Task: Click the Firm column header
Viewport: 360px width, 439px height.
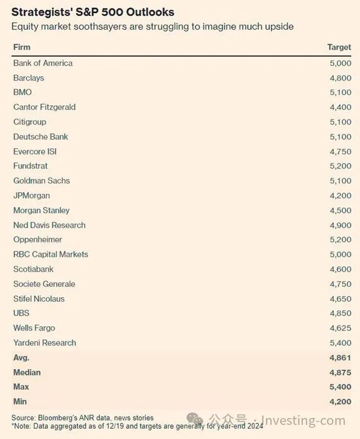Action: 22,47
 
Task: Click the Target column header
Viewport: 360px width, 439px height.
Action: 339,47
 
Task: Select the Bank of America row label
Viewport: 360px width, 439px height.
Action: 43,63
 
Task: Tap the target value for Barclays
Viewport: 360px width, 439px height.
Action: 340,78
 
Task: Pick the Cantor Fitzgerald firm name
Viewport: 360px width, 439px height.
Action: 44,107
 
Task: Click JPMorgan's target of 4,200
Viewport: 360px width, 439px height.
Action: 340,196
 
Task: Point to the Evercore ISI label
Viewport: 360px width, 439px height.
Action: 35,152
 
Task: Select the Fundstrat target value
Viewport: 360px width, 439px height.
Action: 340,166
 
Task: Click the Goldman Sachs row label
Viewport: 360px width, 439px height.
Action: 42,180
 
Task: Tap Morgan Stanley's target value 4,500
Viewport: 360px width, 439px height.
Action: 340,210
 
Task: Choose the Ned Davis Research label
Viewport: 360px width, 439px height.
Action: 50,225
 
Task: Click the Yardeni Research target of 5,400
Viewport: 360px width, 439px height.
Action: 340,343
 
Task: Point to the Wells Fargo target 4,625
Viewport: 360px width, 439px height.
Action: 340,328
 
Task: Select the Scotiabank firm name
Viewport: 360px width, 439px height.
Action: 33,269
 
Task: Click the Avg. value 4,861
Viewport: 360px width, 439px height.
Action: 340,358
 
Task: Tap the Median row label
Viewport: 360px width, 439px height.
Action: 27,372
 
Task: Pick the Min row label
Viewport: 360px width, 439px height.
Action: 20,401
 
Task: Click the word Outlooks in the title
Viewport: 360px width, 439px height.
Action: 150,12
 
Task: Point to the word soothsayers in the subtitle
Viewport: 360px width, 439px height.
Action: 100,27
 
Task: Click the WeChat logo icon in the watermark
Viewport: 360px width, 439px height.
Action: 195,419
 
